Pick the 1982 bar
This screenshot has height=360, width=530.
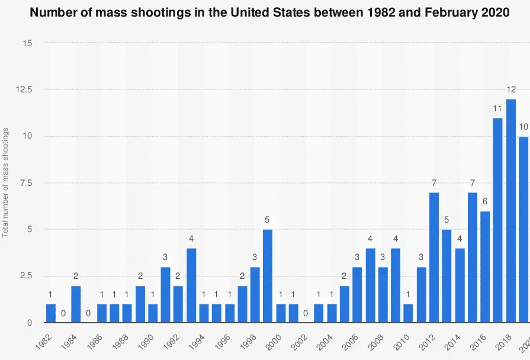point(51,313)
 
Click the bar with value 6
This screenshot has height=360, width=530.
point(485,267)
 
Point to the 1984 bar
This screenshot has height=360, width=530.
point(76,304)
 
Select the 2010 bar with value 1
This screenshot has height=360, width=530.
point(408,313)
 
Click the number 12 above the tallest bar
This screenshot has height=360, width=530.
point(510,90)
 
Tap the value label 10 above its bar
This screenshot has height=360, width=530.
point(523,127)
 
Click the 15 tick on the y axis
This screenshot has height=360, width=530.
point(28,43)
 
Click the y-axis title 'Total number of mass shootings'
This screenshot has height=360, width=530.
point(5,183)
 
